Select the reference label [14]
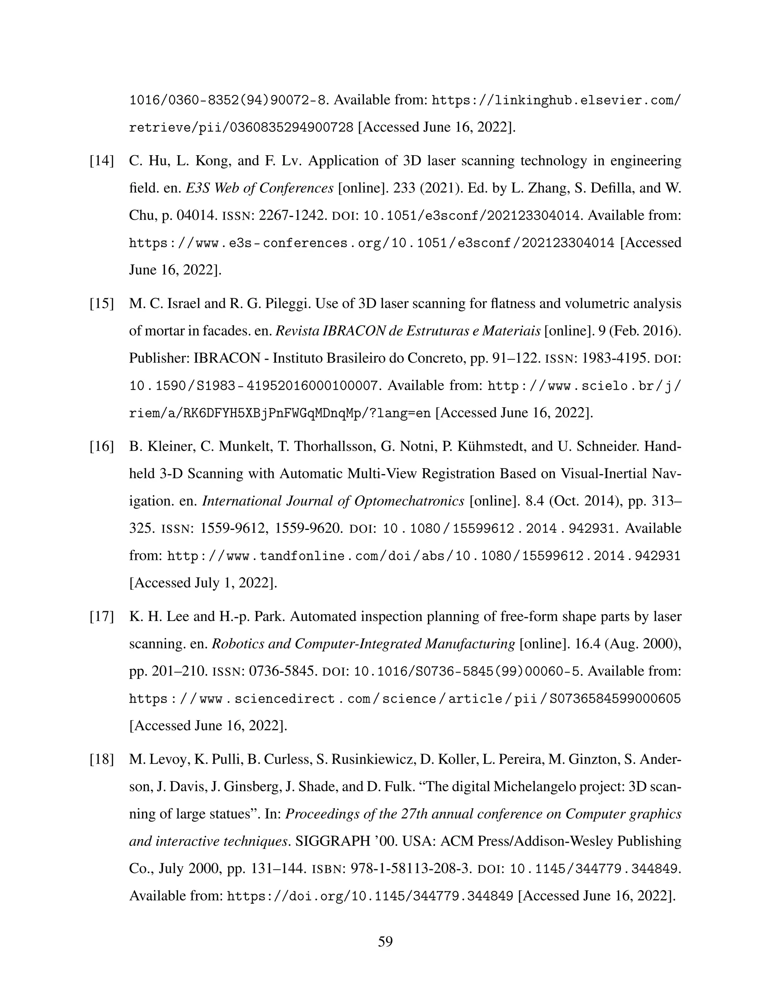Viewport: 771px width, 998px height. (x=101, y=161)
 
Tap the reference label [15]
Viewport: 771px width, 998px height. (x=101, y=304)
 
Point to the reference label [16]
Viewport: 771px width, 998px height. (x=101, y=446)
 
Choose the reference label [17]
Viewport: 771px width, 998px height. (x=101, y=617)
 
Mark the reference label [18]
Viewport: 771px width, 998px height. (x=101, y=760)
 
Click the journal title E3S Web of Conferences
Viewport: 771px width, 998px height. (x=259, y=188)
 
